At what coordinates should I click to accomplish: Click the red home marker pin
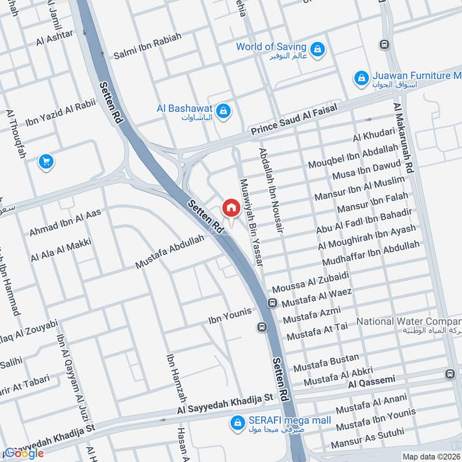231,207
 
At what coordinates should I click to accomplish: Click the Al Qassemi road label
371,381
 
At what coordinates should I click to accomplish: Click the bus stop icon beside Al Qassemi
450,374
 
